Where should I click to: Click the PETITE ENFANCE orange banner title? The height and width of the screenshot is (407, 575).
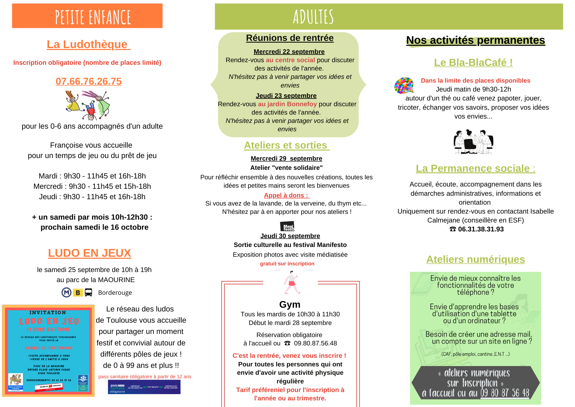click(93, 17)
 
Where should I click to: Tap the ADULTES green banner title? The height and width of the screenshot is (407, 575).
click(313, 17)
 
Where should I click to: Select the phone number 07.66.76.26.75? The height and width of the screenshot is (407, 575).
click(89, 81)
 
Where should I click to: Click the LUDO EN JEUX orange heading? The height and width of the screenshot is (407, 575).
click(89, 253)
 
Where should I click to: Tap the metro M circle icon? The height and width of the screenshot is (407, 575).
click(66, 292)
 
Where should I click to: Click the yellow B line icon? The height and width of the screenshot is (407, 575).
click(78, 293)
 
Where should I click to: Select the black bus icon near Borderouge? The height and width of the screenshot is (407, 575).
click(89, 292)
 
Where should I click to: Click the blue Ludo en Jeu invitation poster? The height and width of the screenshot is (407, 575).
click(48, 351)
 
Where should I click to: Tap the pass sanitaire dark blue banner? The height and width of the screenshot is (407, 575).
click(144, 387)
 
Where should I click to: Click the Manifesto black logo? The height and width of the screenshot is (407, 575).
click(287, 227)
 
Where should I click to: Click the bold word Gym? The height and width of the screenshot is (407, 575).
click(290, 305)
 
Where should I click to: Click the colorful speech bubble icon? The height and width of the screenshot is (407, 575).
click(404, 85)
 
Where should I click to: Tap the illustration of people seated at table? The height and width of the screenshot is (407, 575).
click(473, 142)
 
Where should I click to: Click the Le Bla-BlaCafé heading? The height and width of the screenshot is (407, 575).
click(473, 62)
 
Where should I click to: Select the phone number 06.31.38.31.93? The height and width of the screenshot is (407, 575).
click(481, 229)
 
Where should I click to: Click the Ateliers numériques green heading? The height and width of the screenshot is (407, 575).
click(476, 259)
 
